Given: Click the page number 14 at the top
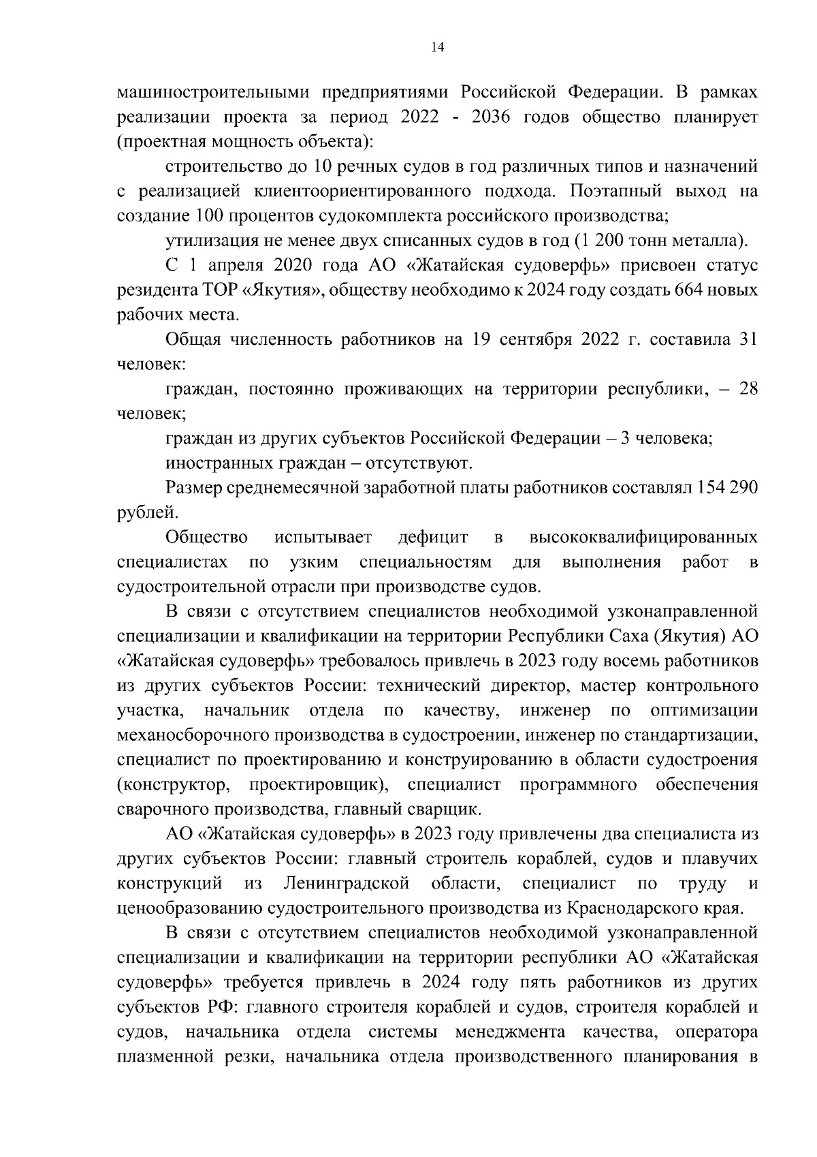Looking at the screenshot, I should click(437, 47).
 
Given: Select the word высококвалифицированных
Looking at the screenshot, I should click(643, 538).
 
